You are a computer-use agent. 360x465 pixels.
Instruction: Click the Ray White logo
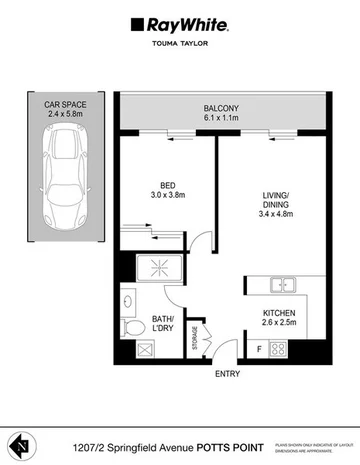tap(180, 23)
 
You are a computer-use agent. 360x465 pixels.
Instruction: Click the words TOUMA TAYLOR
tap(180, 45)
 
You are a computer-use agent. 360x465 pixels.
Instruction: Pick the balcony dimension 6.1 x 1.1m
tap(222, 120)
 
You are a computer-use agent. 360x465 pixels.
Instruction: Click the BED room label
tap(168, 182)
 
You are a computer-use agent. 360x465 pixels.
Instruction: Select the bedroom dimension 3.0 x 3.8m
tap(168, 194)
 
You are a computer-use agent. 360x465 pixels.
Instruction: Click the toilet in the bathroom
tap(129, 326)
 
